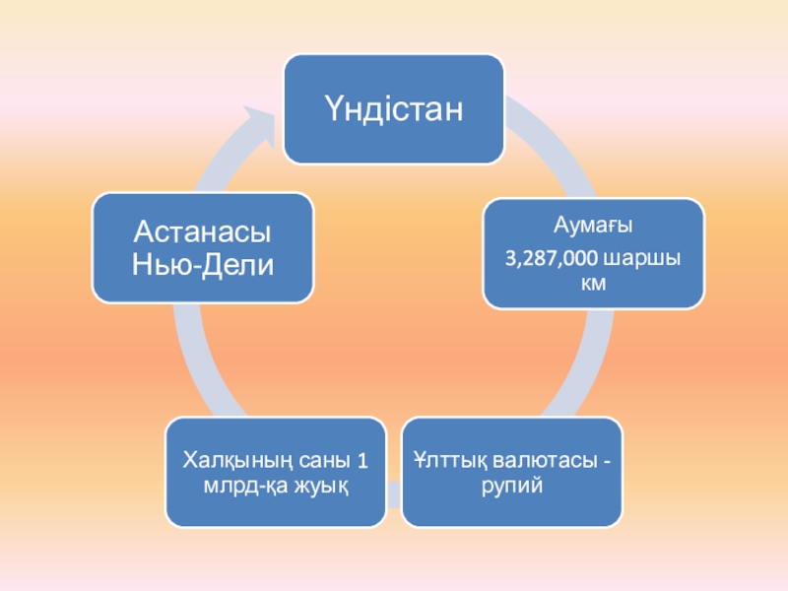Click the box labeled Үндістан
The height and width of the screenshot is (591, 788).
(394, 108)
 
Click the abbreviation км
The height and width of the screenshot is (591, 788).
(593, 284)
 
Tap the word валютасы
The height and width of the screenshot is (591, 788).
(546, 460)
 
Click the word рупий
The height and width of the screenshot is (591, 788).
(512, 486)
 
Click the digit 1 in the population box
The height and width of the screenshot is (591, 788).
(361, 460)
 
